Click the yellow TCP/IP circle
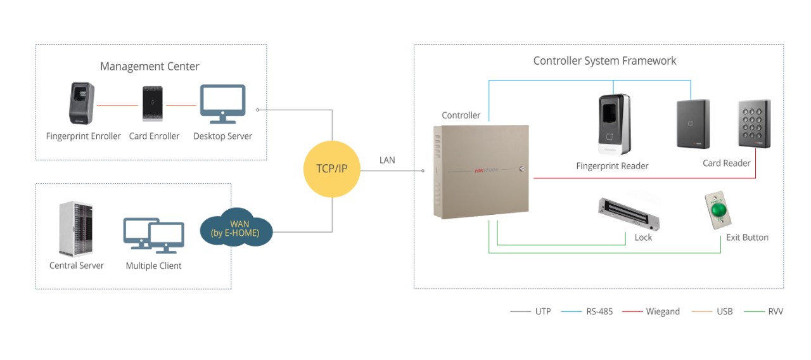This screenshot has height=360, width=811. (332, 169)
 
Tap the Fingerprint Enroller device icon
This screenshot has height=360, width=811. (82, 103)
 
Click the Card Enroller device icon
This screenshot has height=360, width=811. (153, 103)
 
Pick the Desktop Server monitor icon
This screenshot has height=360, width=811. (222, 104)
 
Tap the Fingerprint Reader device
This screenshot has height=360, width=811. (613, 124)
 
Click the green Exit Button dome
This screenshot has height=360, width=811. (718, 210)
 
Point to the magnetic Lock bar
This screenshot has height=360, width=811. (629, 214)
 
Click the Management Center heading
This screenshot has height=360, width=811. (150, 67)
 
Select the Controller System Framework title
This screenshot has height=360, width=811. (604, 61)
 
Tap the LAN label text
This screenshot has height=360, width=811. (387, 160)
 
